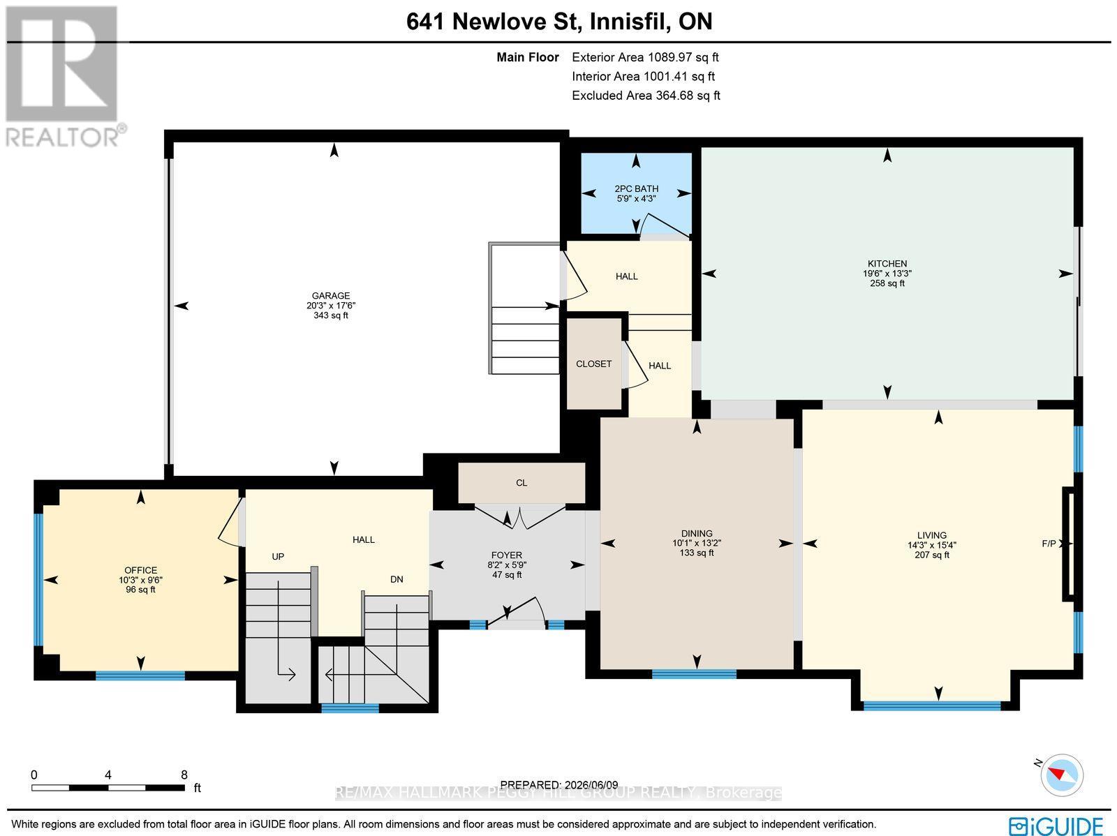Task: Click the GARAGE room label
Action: click(x=331, y=295)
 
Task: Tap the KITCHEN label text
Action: click(x=887, y=263)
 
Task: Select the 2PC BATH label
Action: click(x=636, y=188)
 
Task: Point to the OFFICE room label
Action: click(x=141, y=570)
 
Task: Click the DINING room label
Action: click(x=697, y=533)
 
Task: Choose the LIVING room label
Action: click(x=932, y=535)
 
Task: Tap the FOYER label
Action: click(x=506, y=555)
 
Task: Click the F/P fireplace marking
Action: click(x=1049, y=544)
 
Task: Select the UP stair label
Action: click(x=278, y=556)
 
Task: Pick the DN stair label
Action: click(x=397, y=579)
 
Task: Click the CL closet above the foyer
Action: click(x=521, y=483)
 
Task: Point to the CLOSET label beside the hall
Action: click(x=594, y=364)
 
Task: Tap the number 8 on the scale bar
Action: click(x=184, y=775)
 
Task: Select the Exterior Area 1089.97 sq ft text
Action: click(x=645, y=57)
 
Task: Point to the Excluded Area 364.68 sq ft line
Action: click(x=646, y=95)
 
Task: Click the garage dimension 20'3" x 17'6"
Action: click(x=331, y=306)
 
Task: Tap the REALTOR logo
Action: click(x=64, y=76)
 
